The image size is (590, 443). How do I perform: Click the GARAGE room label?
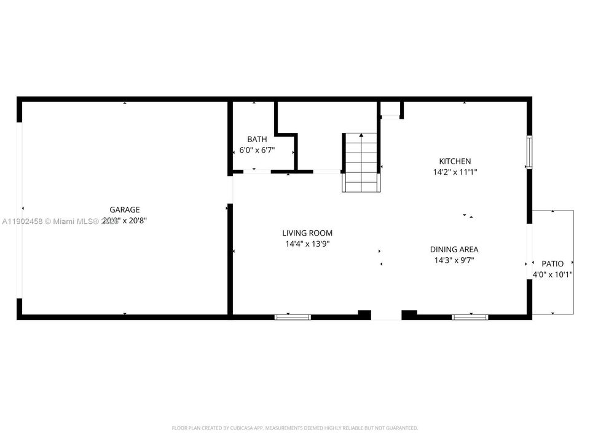(125, 210)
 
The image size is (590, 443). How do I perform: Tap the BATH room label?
(257, 140)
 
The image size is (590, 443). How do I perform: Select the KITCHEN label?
(455, 161)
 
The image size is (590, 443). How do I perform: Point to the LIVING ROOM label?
(307, 233)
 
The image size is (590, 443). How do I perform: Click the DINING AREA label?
(454, 249)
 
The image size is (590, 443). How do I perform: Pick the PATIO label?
(552, 264)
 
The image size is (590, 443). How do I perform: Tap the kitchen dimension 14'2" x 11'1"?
(455, 172)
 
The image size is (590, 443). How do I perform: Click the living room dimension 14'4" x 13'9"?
(307, 244)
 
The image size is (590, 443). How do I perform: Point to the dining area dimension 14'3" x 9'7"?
(454, 260)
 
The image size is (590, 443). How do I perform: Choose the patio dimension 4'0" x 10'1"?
(552, 275)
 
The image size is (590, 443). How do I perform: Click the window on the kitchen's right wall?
(529, 152)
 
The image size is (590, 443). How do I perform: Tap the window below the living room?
(293, 317)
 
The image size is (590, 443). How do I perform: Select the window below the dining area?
(470, 317)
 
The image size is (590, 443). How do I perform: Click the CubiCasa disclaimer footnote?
(295, 428)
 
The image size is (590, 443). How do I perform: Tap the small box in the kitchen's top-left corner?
(390, 110)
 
